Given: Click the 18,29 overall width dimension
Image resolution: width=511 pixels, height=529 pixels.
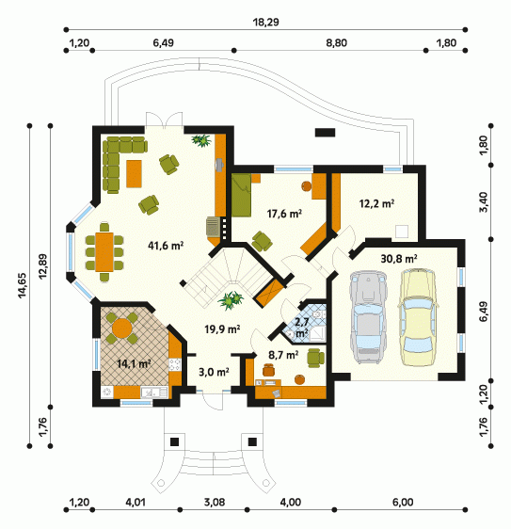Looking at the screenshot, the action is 265,23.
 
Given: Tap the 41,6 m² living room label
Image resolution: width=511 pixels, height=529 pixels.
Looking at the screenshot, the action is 166,246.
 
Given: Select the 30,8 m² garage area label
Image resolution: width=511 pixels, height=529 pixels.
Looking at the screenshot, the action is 399,259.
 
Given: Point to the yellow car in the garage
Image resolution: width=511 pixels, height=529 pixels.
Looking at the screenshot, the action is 418,317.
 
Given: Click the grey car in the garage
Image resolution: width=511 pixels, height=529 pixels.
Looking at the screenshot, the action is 368,317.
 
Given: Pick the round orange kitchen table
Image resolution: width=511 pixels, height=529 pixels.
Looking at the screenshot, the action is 121,328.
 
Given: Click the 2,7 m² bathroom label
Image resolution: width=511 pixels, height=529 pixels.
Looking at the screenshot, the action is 301,328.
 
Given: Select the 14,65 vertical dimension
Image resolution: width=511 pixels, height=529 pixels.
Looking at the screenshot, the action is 23,285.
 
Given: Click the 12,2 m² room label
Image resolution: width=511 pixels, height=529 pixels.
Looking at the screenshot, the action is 376,203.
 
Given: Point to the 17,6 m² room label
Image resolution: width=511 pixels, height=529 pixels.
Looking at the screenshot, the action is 284,214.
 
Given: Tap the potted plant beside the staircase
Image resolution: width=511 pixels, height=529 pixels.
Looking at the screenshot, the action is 231,299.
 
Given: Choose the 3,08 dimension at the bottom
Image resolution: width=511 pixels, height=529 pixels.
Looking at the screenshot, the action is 215,503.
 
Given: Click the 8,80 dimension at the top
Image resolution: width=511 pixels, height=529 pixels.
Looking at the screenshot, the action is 336,43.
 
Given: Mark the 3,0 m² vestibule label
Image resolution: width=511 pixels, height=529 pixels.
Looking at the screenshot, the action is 214,372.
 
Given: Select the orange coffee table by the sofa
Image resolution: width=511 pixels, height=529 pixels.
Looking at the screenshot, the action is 134,174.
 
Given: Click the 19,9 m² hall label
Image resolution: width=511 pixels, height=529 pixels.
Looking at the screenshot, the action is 222,329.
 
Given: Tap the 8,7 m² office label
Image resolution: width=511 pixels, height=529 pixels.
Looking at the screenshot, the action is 283,355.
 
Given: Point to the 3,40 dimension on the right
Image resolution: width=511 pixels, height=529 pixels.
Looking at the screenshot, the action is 484,202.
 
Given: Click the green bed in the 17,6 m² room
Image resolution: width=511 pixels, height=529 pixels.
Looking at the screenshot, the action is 242,195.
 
